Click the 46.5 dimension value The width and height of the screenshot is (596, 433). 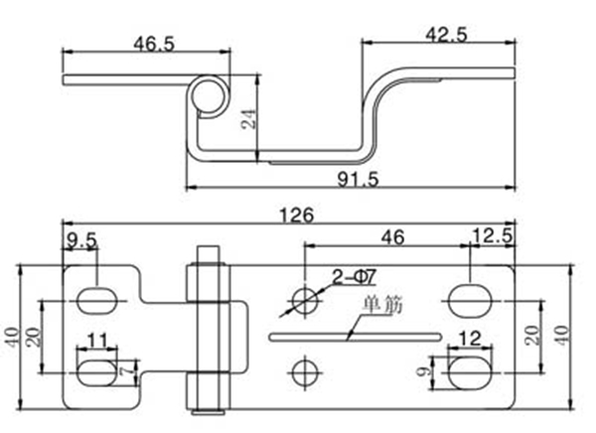154,44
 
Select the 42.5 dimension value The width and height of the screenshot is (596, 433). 446,35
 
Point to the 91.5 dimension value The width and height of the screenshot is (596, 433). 358,179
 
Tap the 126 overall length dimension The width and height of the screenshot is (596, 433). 297,216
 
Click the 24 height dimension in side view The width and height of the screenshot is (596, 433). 249,119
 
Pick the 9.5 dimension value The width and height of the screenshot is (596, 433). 81,240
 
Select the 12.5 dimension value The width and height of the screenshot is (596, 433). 493,236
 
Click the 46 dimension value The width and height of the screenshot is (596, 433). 393,237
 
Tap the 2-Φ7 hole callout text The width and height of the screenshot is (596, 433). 354,277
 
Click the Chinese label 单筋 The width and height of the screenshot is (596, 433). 382,306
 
